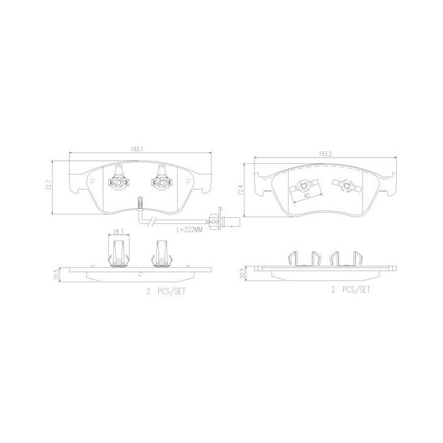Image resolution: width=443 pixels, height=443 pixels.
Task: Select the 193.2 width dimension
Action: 325,154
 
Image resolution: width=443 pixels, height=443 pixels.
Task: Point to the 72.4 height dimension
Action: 240,190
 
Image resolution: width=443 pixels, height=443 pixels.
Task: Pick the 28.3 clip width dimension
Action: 118,232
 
